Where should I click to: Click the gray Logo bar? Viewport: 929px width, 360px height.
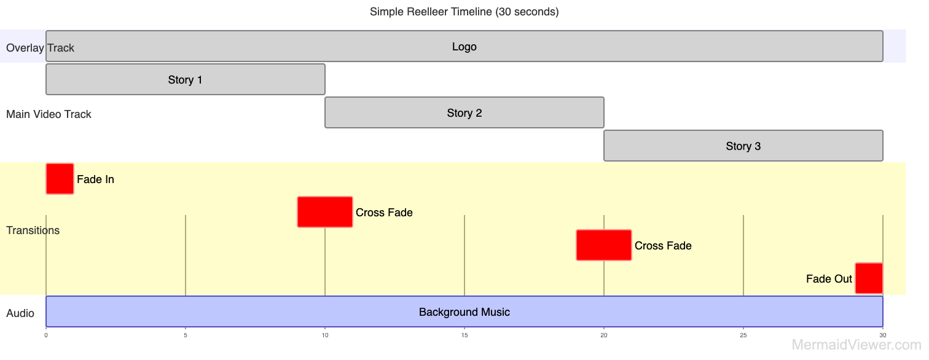tap(464, 46)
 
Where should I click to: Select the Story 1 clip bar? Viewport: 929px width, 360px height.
tap(185, 79)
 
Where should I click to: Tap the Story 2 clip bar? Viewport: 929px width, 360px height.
tap(464, 112)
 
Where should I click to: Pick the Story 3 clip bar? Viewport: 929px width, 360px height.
tap(743, 146)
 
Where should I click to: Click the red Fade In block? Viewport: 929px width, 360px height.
tap(60, 179)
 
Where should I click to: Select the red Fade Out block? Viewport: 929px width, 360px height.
tap(869, 278)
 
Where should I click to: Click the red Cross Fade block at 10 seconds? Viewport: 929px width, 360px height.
tap(324, 212)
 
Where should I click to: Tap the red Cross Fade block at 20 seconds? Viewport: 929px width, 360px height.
tap(603, 245)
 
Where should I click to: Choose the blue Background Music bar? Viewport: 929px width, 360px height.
tap(464, 311)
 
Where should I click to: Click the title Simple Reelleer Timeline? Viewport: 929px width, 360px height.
tap(464, 12)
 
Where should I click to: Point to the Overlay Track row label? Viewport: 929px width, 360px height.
tap(40, 48)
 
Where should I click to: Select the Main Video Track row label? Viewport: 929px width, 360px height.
tap(49, 114)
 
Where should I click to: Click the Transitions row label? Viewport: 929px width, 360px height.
tap(33, 230)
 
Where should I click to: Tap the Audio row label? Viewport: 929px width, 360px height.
tap(20, 313)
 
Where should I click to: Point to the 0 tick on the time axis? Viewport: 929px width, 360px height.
tap(46, 335)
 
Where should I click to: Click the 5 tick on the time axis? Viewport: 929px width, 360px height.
tap(186, 335)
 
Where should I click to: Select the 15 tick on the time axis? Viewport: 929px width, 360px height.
tap(464, 335)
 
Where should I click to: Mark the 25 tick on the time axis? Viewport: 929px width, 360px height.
tap(743, 335)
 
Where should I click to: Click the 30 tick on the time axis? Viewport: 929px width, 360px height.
tap(883, 335)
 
